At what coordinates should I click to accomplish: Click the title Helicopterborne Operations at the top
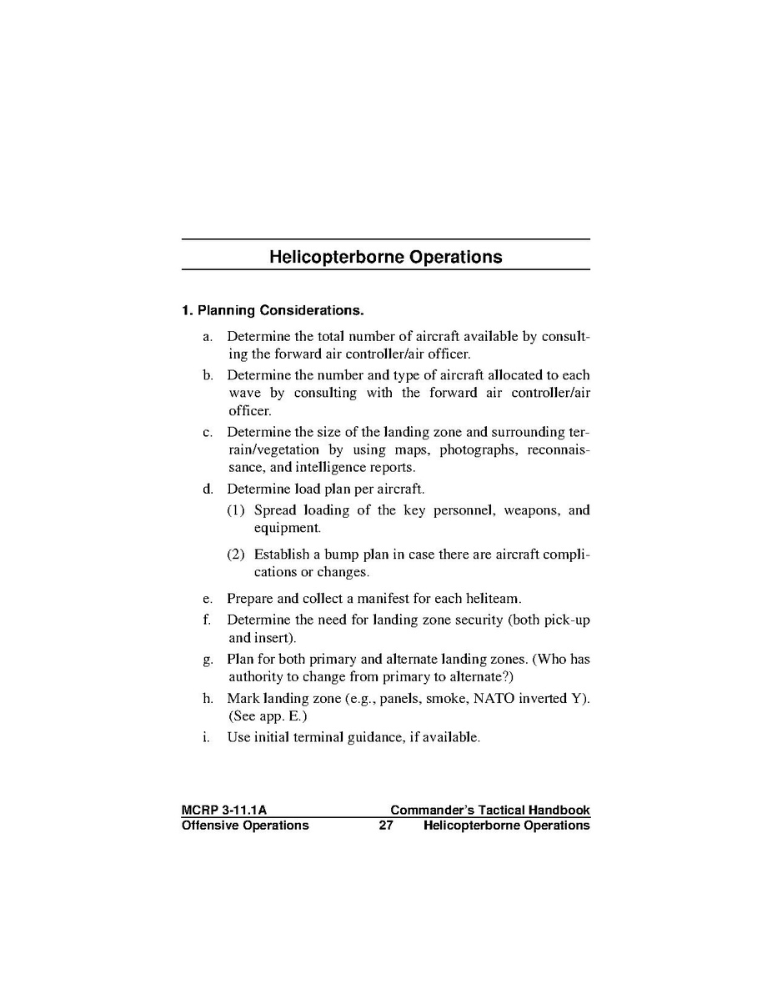click(x=385, y=257)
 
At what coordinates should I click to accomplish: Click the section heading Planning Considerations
click(x=273, y=311)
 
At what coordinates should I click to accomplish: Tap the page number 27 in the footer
click(x=385, y=826)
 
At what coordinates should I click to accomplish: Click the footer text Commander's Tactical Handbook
click(x=489, y=810)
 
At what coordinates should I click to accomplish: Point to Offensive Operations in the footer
click(x=245, y=826)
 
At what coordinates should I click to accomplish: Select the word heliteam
click(x=493, y=599)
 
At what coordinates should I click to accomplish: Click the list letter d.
click(x=207, y=489)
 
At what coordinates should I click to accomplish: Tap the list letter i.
click(x=205, y=738)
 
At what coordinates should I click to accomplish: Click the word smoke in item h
click(x=444, y=699)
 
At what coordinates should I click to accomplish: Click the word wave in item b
click(x=245, y=393)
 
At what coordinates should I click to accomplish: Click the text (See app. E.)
click(x=268, y=715)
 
